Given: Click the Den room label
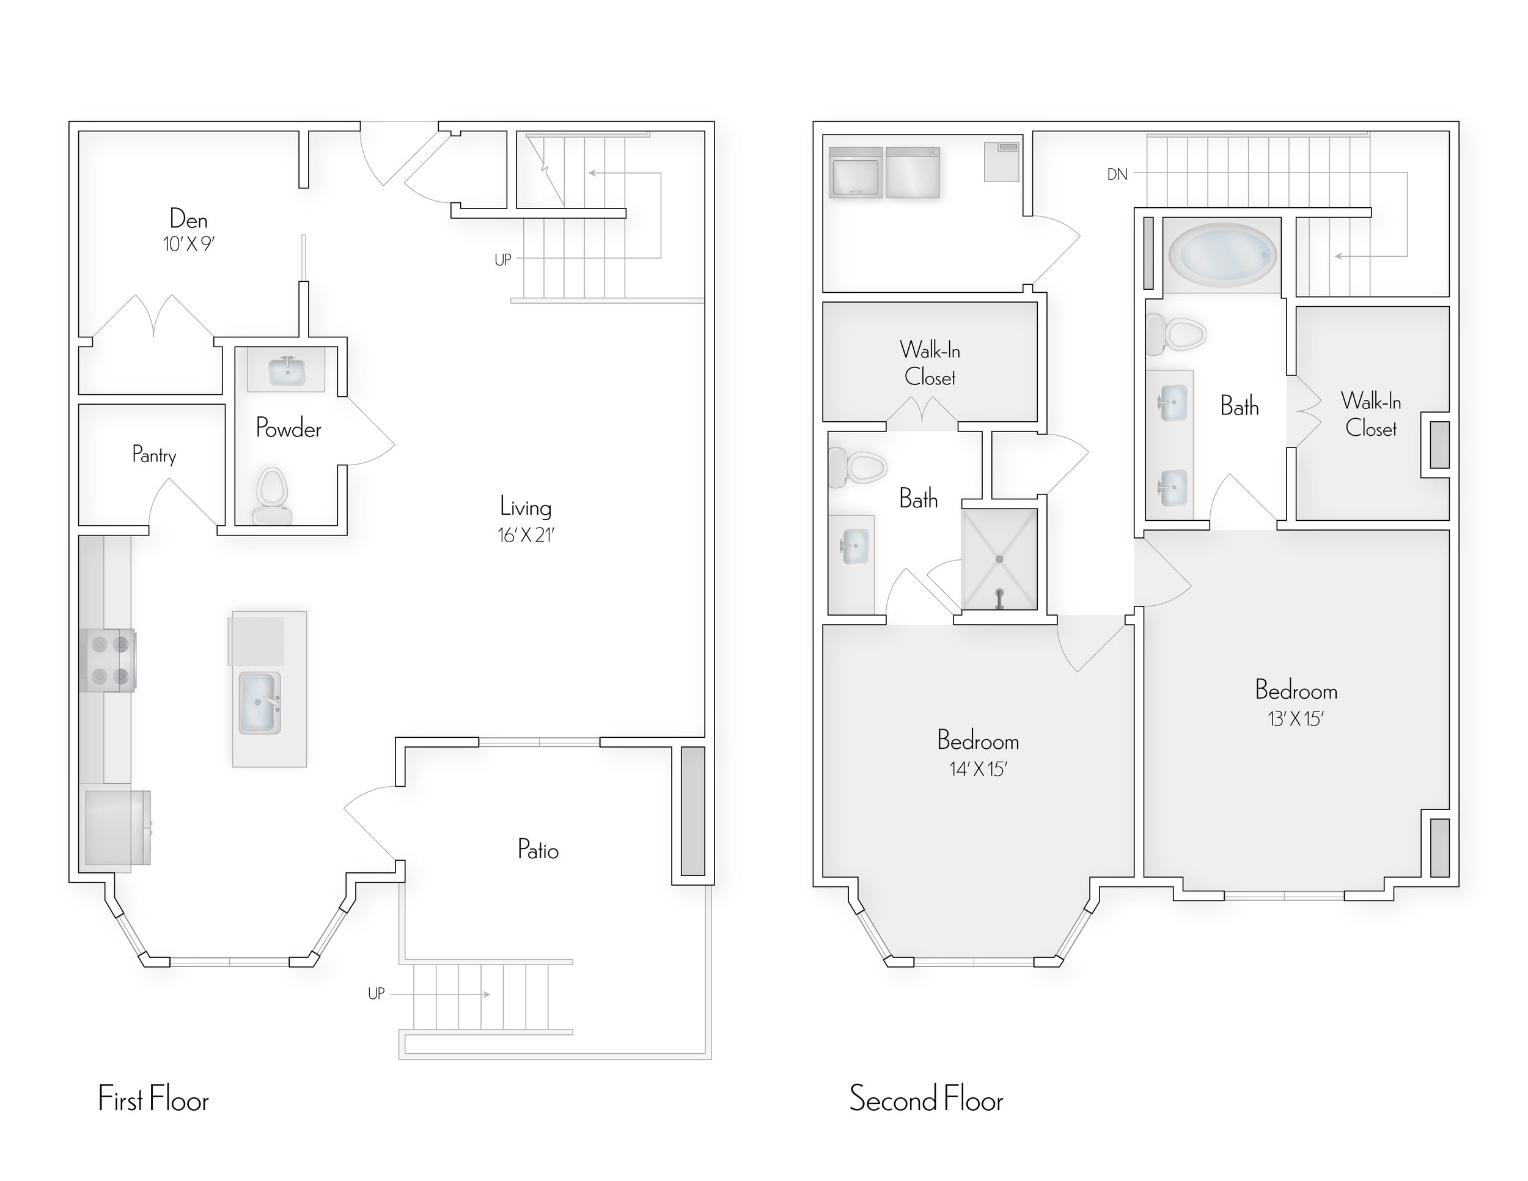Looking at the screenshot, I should click(x=188, y=219).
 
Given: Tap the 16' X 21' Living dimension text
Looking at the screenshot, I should click(x=526, y=536).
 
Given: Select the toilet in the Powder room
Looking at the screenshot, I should click(x=271, y=496).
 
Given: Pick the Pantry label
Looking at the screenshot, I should click(x=154, y=455).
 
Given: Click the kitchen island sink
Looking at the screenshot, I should click(x=260, y=702).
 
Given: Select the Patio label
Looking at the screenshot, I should click(x=537, y=849).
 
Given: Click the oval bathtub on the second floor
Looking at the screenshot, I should click(x=1222, y=256).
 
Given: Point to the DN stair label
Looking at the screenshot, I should click(x=1117, y=174).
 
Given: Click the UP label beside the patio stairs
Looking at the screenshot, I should click(x=376, y=993).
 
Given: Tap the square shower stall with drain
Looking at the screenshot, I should click(x=999, y=559).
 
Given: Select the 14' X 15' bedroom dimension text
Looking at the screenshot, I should click(x=977, y=770).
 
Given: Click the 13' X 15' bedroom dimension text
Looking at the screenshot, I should click(x=1295, y=719).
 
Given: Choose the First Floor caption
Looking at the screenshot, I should click(x=153, y=1098).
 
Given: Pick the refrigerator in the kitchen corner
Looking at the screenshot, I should click(x=116, y=828).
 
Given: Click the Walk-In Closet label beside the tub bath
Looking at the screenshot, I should click(x=1370, y=414).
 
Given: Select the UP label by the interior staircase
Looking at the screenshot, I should click(x=502, y=260).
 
